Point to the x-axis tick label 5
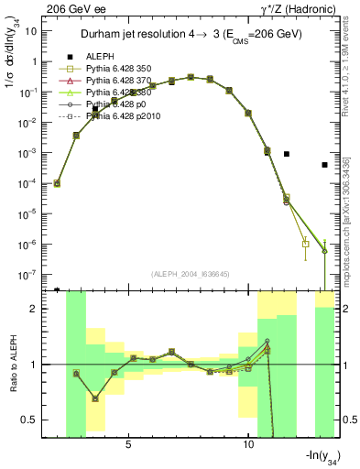[x=128, y=442]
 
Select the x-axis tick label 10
[x=248, y=442]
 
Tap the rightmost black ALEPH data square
[x=324, y=165]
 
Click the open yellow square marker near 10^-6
[x=305, y=244]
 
